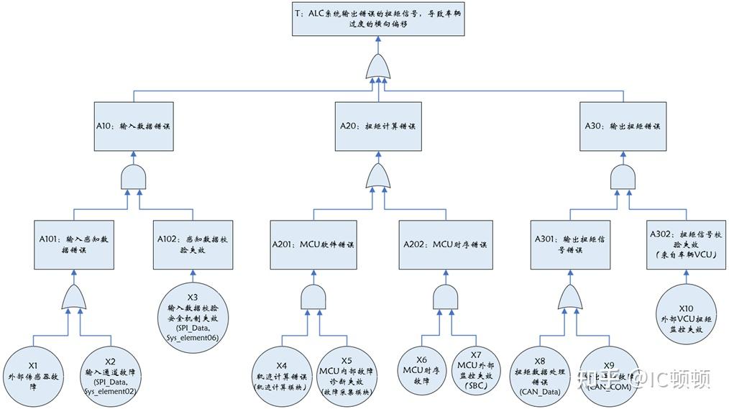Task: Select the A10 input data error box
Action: pyautogui.click(x=133, y=126)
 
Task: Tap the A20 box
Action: pyautogui.click(x=377, y=126)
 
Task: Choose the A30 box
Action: pyautogui.click(x=620, y=126)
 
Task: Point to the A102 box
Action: pyautogui.click(x=193, y=244)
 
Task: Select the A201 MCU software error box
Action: pyautogui.click(x=313, y=244)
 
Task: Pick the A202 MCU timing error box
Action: pyautogui.click(x=446, y=244)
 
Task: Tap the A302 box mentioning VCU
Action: pyautogui.click(x=684, y=244)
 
